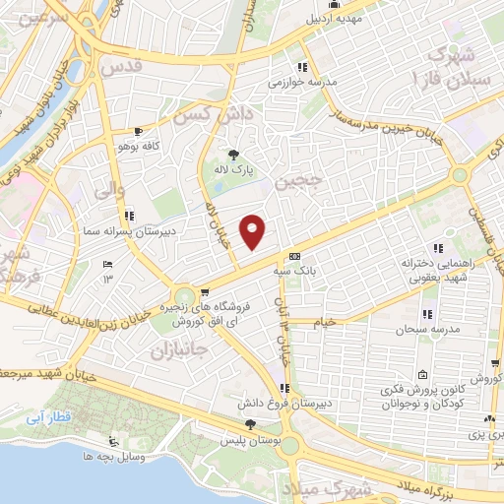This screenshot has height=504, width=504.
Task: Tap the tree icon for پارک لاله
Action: pyautogui.click(x=233, y=154)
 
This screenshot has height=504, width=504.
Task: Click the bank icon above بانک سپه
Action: pyautogui.click(x=294, y=256)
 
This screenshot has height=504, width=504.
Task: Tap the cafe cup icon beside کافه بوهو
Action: pyautogui.click(x=138, y=132)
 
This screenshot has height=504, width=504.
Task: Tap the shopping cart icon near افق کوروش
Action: pyautogui.click(x=204, y=291)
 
